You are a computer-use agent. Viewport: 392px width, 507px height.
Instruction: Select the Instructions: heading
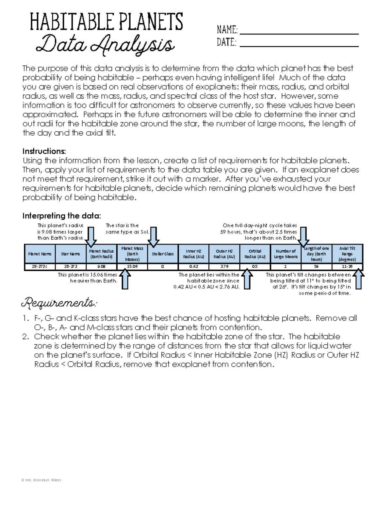44,151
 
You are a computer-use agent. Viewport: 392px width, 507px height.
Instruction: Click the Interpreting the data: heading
62,216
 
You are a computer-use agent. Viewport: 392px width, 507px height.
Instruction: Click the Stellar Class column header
163,254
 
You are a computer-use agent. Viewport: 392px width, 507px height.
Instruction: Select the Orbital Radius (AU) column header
255,254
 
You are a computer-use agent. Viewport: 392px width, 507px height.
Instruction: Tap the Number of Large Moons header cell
286,254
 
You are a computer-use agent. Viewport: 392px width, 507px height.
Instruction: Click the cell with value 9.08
101,266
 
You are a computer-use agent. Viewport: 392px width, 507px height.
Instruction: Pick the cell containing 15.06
132,266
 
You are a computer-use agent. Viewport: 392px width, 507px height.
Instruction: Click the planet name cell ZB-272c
40,266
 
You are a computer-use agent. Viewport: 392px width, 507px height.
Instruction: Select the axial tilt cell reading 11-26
347,266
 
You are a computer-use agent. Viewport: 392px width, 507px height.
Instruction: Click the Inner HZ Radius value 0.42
193,266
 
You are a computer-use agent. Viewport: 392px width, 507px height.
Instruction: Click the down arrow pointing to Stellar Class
153,237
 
